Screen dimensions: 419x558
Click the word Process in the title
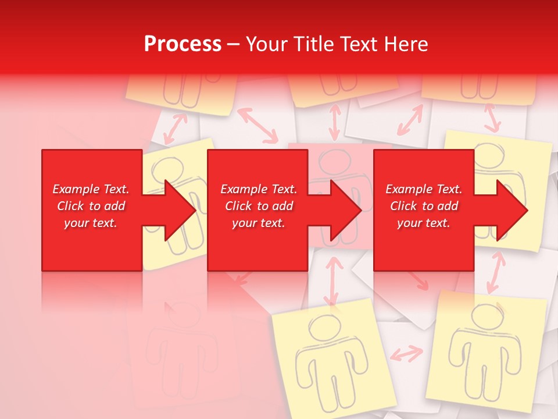(x=183, y=44)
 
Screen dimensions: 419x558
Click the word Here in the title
(x=406, y=44)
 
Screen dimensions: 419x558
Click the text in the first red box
(x=91, y=206)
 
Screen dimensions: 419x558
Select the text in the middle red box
(x=259, y=206)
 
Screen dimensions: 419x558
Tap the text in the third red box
(x=424, y=206)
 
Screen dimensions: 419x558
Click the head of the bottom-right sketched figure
(x=484, y=317)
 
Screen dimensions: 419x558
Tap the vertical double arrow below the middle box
(x=332, y=280)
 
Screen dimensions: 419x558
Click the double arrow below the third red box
(x=495, y=272)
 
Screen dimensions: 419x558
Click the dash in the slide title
(x=234, y=44)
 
